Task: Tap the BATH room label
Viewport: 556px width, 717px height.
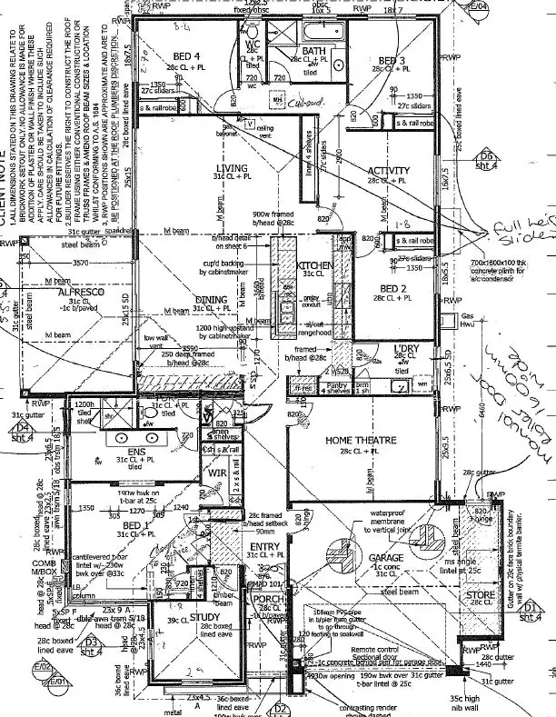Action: pos(313,51)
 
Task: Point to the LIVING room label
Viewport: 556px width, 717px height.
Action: pos(233,167)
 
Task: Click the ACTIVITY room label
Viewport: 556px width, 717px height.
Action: pos(389,171)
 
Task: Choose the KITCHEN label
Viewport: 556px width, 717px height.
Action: pos(314,265)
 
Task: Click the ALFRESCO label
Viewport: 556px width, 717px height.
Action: pos(82,294)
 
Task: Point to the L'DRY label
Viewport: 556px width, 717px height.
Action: pos(405,350)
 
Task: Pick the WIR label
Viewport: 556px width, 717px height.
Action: pos(216,473)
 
